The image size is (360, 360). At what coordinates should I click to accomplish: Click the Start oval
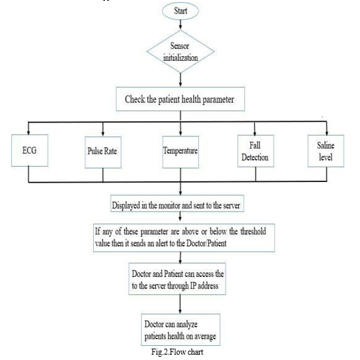(180, 11)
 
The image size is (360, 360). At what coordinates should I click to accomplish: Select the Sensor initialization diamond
(181, 52)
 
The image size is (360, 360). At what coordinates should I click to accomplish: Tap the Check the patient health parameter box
(180, 99)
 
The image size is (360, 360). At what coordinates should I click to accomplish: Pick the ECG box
(29, 151)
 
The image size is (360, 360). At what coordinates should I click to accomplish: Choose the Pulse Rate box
(103, 153)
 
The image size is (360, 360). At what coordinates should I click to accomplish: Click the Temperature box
(181, 152)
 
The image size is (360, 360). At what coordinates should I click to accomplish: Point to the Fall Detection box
(256, 151)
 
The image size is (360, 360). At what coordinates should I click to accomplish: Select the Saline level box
(326, 151)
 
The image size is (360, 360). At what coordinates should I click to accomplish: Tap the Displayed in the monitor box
(177, 203)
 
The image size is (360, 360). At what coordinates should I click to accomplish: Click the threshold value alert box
(184, 238)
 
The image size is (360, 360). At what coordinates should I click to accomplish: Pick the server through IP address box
(177, 279)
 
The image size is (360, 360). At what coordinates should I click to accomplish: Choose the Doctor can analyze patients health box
(181, 330)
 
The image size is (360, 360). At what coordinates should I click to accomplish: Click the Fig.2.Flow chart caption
(177, 352)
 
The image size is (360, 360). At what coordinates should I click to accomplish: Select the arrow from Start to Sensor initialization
(180, 25)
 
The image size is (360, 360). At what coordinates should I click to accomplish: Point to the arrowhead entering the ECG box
(29, 132)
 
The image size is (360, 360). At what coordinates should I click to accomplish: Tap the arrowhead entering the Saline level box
(327, 133)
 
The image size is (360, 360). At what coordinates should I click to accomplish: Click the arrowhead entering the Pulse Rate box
(103, 134)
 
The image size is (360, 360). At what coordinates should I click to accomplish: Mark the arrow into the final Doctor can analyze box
(180, 304)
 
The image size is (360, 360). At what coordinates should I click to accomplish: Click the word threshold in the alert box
(253, 232)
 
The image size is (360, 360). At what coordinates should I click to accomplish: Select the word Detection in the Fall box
(255, 157)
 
